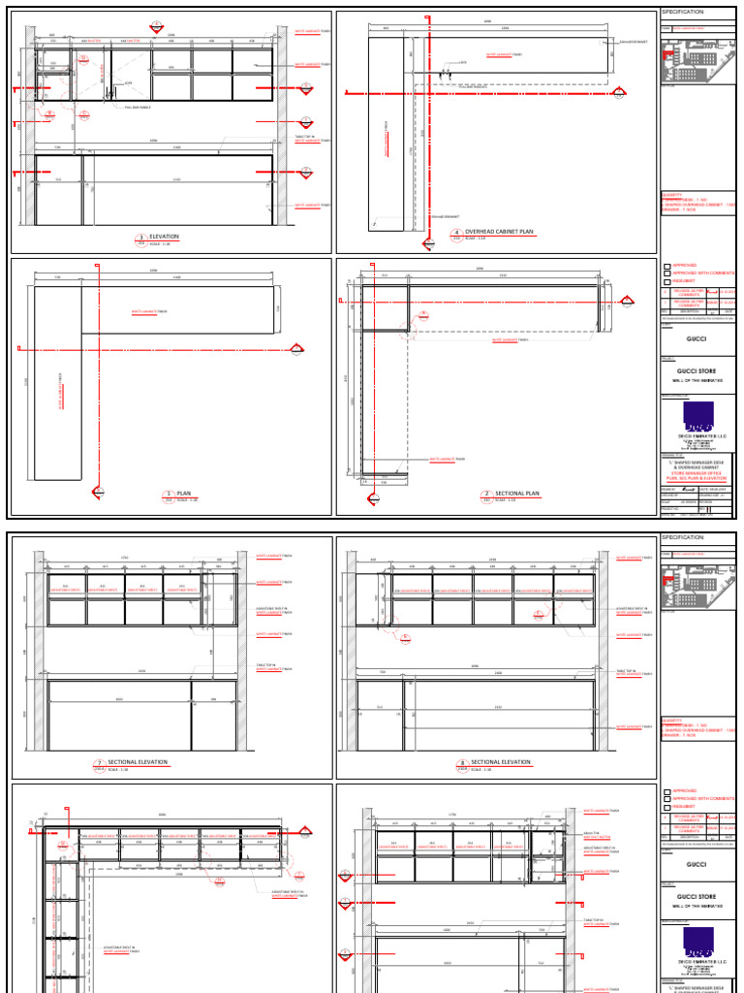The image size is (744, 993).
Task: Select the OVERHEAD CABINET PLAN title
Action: (x=502, y=232)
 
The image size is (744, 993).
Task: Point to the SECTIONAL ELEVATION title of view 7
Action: (x=139, y=762)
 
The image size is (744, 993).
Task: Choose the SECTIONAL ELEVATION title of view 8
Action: (x=501, y=762)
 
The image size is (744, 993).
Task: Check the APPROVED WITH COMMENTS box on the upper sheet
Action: (x=666, y=273)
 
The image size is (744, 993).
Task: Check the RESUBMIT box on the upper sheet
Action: (x=666, y=282)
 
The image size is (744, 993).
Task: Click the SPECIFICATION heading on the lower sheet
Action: (x=682, y=537)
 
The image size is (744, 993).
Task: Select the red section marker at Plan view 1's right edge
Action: (x=299, y=348)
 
